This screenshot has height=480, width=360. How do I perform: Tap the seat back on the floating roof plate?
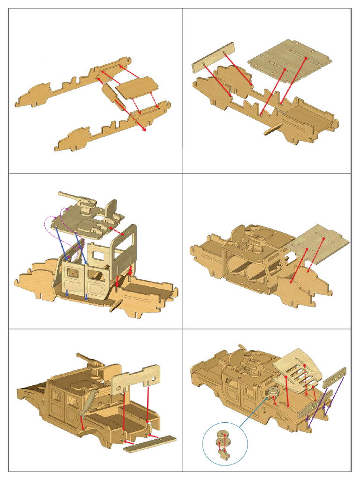111,208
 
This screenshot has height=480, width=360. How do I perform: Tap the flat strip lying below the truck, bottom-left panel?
150,443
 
